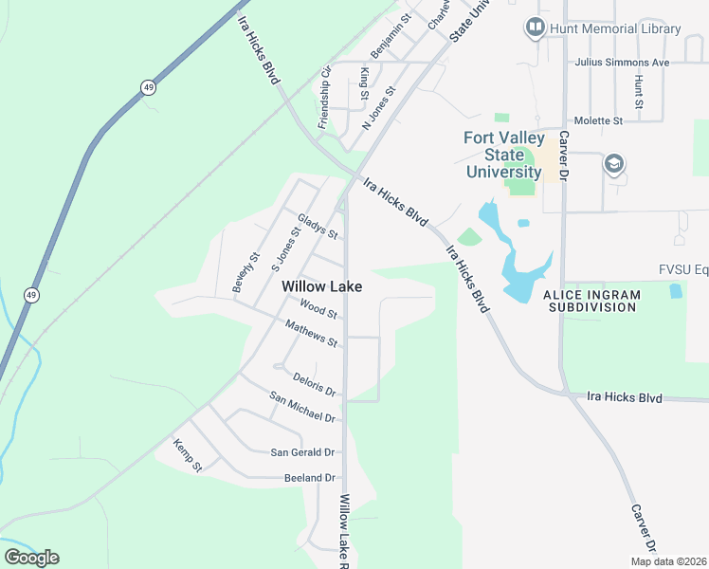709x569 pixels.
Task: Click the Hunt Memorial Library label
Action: [x=615, y=28]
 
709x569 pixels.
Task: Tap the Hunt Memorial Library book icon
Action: [x=536, y=28]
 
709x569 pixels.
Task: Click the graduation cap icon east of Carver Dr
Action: [x=613, y=165]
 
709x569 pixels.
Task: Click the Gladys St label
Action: [x=318, y=226]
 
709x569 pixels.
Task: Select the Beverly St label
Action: [x=246, y=272]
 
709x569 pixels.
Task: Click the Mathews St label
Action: [x=312, y=334]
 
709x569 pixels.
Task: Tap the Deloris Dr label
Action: [x=315, y=384]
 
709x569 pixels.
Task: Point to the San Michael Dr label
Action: [x=302, y=407]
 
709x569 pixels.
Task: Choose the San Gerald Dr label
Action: [x=303, y=452]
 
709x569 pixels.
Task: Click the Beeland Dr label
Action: [x=310, y=478]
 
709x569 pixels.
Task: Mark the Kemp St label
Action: [x=188, y=455]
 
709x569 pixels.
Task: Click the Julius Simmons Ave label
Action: [x=622, y=63]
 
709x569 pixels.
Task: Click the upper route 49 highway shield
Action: [x=147, y=87]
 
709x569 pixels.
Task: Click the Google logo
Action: [x=31, y=558]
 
